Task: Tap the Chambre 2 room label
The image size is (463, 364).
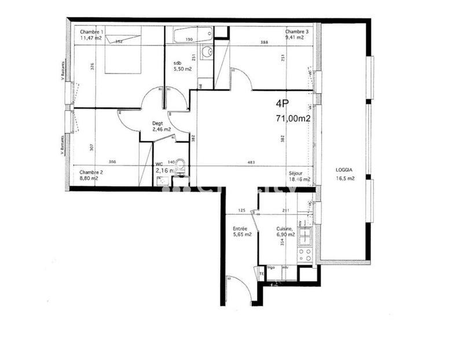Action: (x=91, y=172)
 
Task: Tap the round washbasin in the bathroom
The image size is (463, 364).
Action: (x=207, y=53)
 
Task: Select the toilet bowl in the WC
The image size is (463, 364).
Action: (x=180, y=166)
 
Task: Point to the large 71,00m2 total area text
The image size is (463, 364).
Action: (x=293, y=119)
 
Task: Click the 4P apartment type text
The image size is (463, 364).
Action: (x=282, y=104)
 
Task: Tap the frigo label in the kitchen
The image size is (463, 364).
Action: (x=270, y=268)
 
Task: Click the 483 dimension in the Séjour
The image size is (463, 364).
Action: (x=252, y=163)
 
